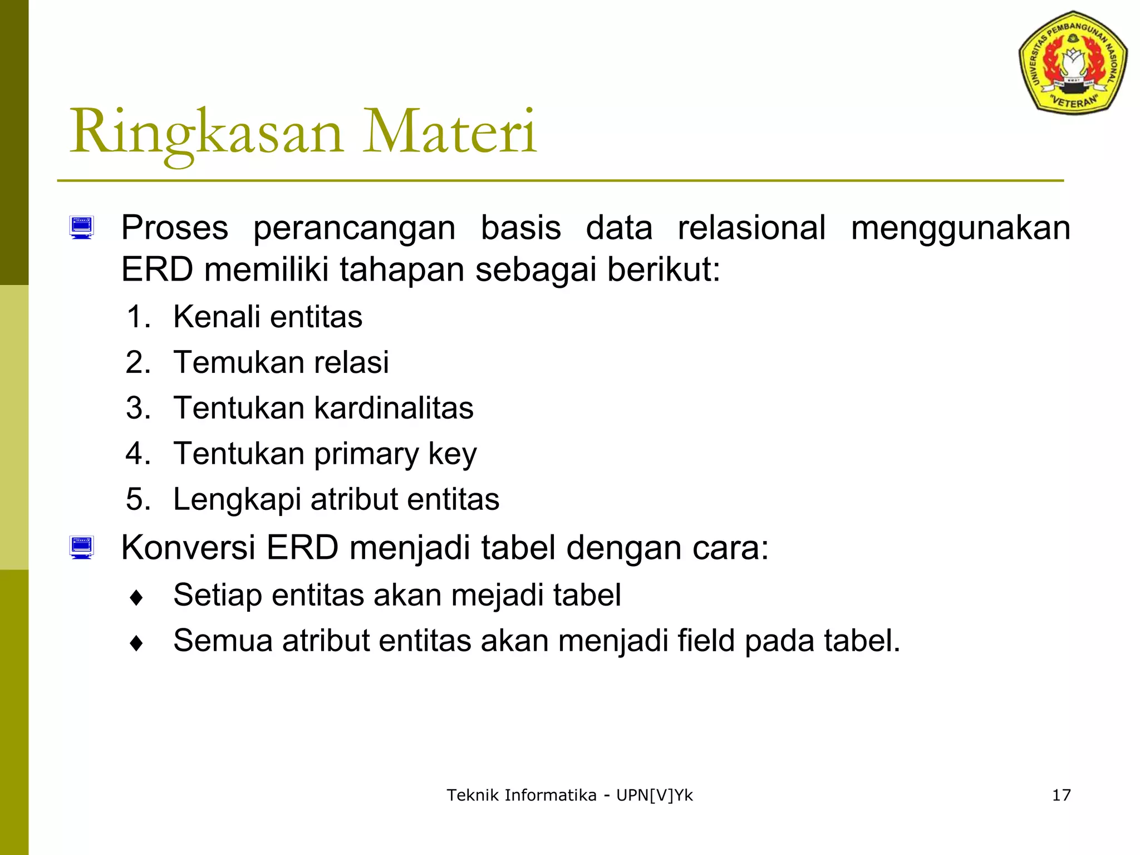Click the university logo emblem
pyautogui.click(x=1073, y=62)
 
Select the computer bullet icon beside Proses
pyautogui.click(x=82, y=228)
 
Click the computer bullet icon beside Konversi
pyautogui.click(x=82, y=547)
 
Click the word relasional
pyautogui.click(x=751, y=228)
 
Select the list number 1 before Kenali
pyautogui.click(x=138, y=317)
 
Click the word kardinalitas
pyautogui.click(x=394, y=408)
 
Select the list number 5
pyautogui.click(x=138, y=499)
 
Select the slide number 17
pyautogui.click(x=1061, y=795)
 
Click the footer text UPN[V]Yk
pyautogui.click(x=654, y=795)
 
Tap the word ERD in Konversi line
pyautogui.click(x=302, y=548)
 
